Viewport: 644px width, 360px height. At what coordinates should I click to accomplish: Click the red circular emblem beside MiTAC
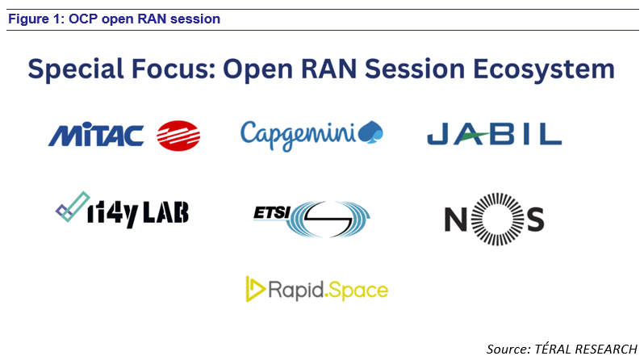(178, 134)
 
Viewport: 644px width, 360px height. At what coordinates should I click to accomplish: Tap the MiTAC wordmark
(96, 135)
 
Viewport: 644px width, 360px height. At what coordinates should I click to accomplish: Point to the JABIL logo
(494, 134)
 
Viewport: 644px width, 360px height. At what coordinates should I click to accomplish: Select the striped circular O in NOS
(495, 218)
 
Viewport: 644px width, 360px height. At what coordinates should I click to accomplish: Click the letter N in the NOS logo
(456, 219)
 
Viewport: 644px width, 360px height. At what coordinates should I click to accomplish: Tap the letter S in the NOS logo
(532, 219)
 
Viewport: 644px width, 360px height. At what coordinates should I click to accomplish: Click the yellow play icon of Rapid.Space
(256, 289)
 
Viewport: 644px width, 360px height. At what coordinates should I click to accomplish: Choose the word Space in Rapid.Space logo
(359, 290)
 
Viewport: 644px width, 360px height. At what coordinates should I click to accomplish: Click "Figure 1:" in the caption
(34, 19)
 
